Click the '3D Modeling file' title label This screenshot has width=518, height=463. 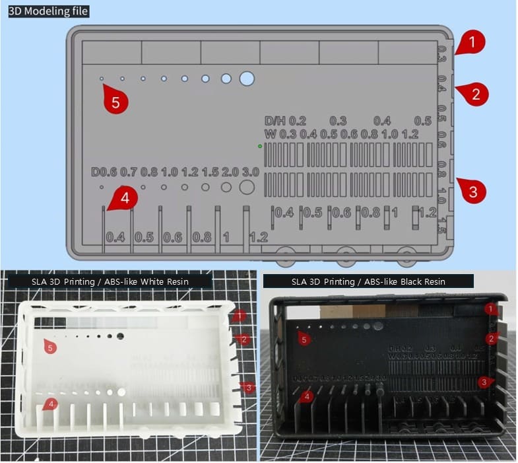(x=48, y=11)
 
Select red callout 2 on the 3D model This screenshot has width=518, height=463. (x=474, y=93)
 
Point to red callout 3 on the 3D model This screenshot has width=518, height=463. (x=471, y=192)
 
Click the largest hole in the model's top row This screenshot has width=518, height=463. (x=247, y=79)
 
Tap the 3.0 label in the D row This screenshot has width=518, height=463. (x=250, y=172)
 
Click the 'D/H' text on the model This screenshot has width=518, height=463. (x=275, y=121)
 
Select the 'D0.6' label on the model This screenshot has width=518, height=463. (x=104, y=172)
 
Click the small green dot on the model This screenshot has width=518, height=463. (x=260, y=145)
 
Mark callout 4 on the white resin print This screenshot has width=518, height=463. (x=50, y=403)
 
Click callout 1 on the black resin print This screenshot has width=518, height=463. (x=490, y=308)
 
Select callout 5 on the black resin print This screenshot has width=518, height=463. (x=304, y=339)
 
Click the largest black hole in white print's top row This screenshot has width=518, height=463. (x=120, y=336)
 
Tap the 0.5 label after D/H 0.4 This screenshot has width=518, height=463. (x=422, y=121)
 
